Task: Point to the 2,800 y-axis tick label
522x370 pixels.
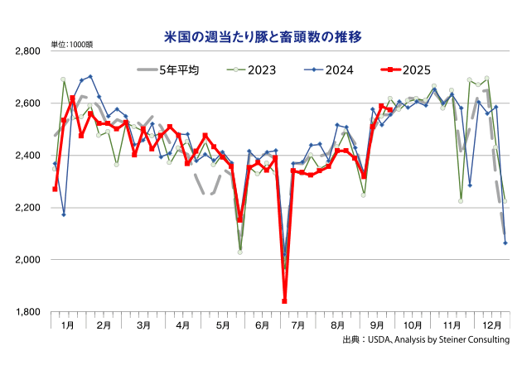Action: tap(28, 51)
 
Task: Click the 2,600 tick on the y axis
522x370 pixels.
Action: tap(28, 103)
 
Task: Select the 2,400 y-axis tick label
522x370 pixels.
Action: tap(28, 156)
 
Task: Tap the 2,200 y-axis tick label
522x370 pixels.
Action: tap(28, 208)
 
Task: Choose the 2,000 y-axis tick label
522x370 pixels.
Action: tap(28, 260)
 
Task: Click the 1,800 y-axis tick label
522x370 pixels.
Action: tap(28, 312)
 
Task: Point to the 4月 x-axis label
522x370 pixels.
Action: tap(184, 325)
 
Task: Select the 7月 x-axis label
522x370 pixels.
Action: tap(299, 325)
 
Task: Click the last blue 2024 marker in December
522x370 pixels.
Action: tap(505, 243)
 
